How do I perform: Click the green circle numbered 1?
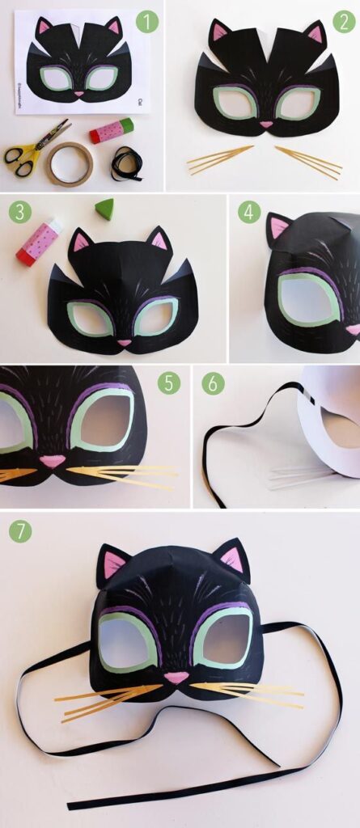pos(147,22)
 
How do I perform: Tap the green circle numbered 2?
pos(344,22)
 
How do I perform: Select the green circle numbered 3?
pos(20,213)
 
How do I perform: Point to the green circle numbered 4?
pos(249,212)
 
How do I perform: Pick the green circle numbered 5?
pos(168,382)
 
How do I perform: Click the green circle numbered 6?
pos(213,383)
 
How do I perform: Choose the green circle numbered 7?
pos(21,531)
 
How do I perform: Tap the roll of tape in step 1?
pos(69,163)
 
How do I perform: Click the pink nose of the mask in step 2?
pos(266,125)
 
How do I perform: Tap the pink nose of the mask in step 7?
pos(176,677)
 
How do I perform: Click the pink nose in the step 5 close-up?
pos(53,461)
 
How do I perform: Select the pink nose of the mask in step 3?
pos(124,342)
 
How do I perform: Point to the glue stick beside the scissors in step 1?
pos(112,130)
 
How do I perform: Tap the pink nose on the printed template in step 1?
pos(79,94)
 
